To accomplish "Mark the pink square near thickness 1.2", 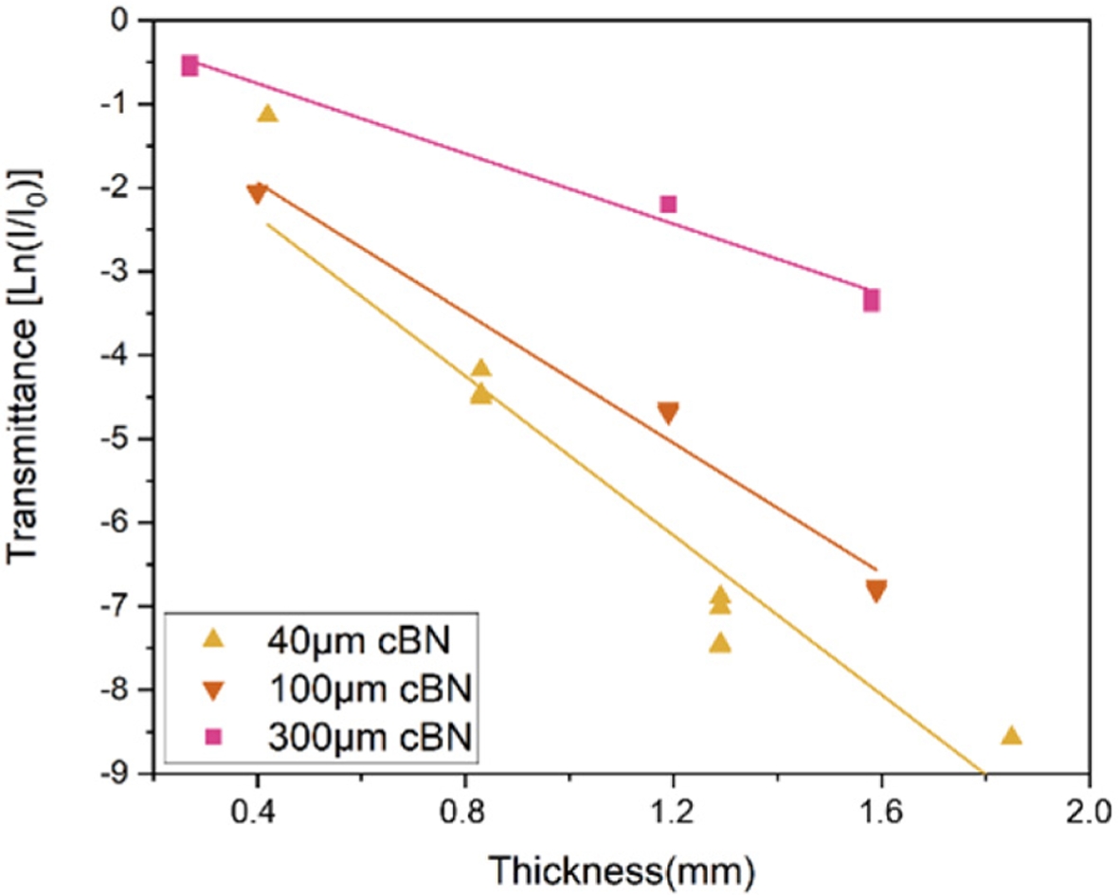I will [668, 204].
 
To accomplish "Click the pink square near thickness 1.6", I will [872, 300].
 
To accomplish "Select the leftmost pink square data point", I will [190, 65].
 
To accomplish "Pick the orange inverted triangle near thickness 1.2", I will [668, 412].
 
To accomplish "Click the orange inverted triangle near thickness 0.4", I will [257, 193].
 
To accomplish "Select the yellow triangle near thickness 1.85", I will [1011, 736].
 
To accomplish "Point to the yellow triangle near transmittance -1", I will [267, 115].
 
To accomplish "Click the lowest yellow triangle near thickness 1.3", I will [720, 644].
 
